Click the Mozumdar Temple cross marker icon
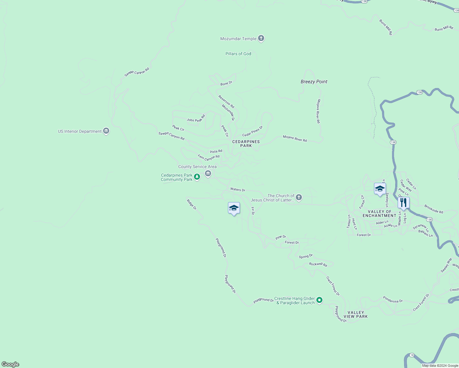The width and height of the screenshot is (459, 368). (x=261, y=38)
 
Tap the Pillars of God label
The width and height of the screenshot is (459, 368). (x=238, y=54)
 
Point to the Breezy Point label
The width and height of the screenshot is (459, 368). (x=314, y=82)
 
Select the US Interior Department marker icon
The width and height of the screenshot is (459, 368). (x=106, y=131)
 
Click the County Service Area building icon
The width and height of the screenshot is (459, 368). (x=208, y=174)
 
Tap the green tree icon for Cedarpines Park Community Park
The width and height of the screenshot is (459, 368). (x=197, y=177)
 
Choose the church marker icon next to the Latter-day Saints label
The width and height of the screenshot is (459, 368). (x=299, y=197)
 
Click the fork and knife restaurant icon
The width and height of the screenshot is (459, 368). (x=403, y=203)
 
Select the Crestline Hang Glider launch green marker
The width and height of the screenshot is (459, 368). (x=319, y=300)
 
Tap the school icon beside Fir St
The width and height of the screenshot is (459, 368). (x=234, y=208)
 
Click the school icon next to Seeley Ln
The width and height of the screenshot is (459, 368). (x=380, y=189)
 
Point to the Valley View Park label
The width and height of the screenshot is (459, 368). (x=356, y=314)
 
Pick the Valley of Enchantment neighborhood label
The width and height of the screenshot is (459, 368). (x=380, y=213)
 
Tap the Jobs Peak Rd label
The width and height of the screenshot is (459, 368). (x=196, y=118)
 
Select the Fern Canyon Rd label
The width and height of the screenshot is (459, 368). (x=209, y=158)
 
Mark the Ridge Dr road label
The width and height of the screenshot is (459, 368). (x=192, y=205)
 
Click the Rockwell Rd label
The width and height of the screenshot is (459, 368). (x=318, y=264)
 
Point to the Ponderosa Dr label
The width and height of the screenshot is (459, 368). (x=393, y=300)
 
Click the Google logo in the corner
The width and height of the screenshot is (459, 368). (x=10, y=364)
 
